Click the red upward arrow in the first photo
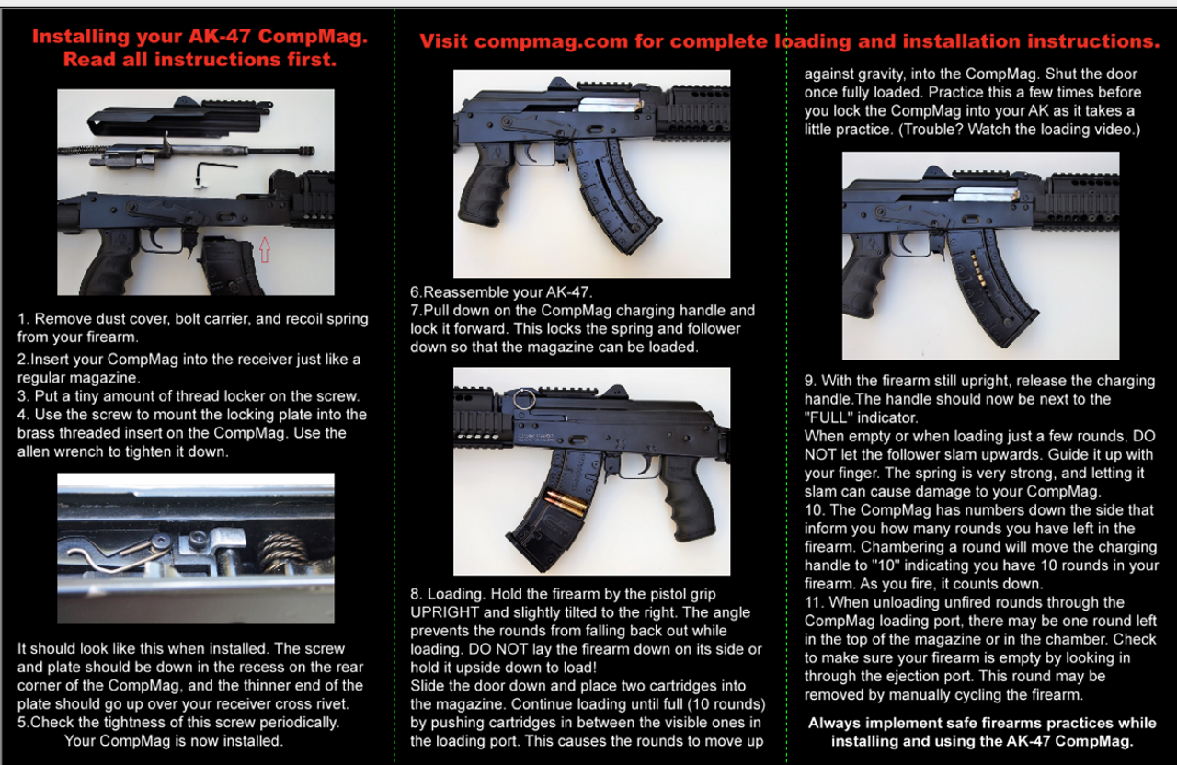(265, 249)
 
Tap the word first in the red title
(311, 60)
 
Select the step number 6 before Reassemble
(415, 292)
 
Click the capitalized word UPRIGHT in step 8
(444, 612)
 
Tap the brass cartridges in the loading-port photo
(566, 501)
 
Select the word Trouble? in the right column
(930, 130)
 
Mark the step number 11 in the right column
(813, 602)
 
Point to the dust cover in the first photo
(178, 120)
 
